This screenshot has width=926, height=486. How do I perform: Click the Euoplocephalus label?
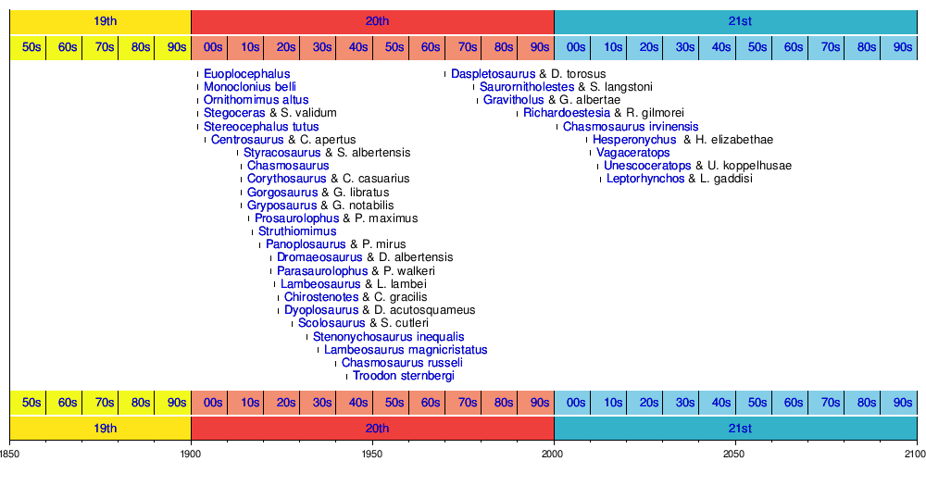[246, 74]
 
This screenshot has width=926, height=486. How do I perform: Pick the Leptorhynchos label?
[645, 179]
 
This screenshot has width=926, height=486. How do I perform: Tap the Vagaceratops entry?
[633, 153]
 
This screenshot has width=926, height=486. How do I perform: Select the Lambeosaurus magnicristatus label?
[406, 350]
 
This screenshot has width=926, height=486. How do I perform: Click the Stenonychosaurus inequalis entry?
[389, 337]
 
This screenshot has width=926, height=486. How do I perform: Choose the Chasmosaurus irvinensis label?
[631, 127]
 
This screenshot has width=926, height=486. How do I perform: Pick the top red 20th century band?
[372, 19]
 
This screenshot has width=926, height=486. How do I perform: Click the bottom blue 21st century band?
[735, 429]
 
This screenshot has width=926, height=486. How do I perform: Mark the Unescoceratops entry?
[647, 166]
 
